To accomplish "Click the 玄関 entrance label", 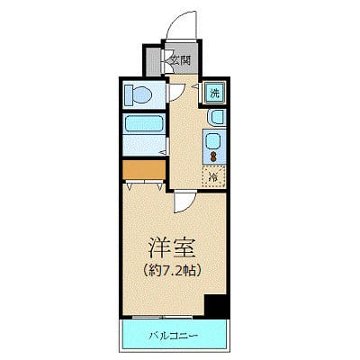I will pos(181,61).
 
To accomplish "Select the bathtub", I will pos(141,130).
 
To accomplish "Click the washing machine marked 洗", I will pos(216,93).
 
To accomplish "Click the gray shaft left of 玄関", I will pos(153,61).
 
